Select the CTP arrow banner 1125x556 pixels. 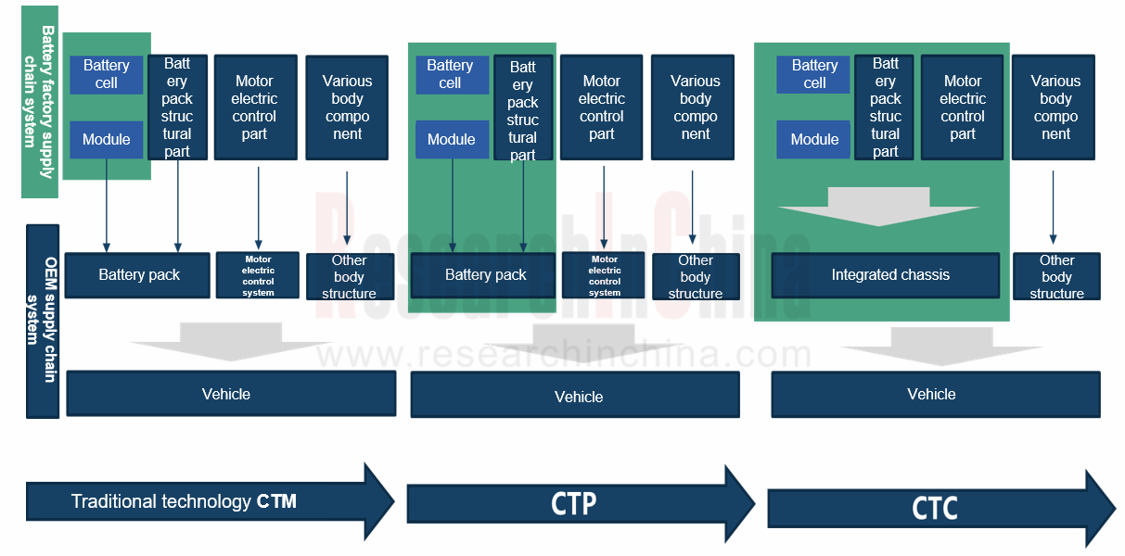575,503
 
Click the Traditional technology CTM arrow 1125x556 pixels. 204,501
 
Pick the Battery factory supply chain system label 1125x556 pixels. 40,102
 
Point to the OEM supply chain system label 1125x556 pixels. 43,321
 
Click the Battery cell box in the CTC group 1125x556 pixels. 814,74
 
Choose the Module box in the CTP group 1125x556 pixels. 452,139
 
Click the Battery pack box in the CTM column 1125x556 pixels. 138,275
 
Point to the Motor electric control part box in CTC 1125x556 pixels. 962,107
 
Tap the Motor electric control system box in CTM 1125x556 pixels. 258,275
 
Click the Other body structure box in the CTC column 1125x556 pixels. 1055,276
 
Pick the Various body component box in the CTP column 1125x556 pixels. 695,107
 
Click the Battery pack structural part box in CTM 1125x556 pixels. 176,107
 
